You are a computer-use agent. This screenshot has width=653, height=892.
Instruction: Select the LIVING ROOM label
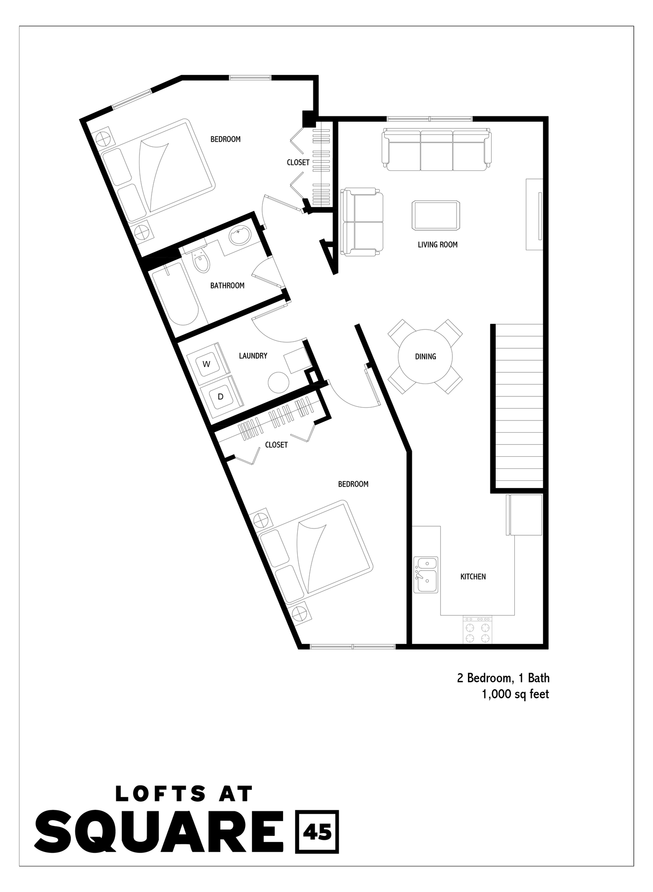(437, 244)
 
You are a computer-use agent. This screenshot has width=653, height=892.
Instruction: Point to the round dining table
(425, 356)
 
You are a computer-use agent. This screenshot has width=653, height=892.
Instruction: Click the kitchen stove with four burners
(477, 630)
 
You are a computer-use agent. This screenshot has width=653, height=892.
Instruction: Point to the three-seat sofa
(437, 150)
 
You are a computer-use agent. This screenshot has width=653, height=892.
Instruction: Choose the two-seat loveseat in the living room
(362, 222)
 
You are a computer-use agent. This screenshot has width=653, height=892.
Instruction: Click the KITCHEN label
(473, 577)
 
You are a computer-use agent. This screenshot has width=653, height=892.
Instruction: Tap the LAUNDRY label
(253, 355)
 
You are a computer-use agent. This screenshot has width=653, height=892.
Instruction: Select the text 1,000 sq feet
(515, 694)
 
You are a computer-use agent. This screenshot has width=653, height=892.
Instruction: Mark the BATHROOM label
(227, 285)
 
